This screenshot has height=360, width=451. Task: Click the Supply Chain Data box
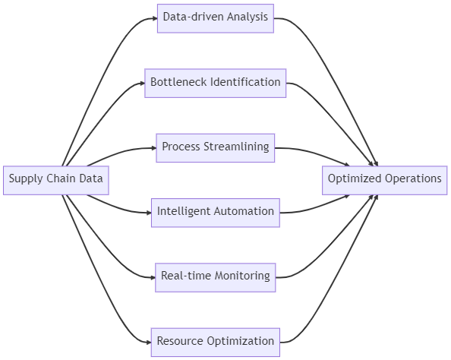56,180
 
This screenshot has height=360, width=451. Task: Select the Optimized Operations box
384,180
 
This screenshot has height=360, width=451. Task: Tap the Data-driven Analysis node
216,18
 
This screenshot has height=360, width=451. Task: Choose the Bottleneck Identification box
216,84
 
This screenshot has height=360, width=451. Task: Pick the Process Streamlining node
216,148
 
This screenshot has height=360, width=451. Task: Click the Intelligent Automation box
216,213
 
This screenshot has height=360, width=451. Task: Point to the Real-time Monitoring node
216,277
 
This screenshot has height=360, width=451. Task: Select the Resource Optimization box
216,343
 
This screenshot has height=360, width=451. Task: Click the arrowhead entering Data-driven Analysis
155,18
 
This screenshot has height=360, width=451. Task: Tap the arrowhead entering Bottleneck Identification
142,84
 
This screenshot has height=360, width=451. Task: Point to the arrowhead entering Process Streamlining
153,148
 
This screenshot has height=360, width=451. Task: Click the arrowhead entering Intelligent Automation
149,213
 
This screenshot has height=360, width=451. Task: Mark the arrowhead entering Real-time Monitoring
153,277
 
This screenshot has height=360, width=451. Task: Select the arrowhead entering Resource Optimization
149,343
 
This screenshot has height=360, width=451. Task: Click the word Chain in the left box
61,178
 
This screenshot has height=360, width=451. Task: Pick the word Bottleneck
179,82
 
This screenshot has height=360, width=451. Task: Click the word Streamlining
236,147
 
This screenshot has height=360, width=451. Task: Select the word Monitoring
242,276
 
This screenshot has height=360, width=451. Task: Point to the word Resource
180,341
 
